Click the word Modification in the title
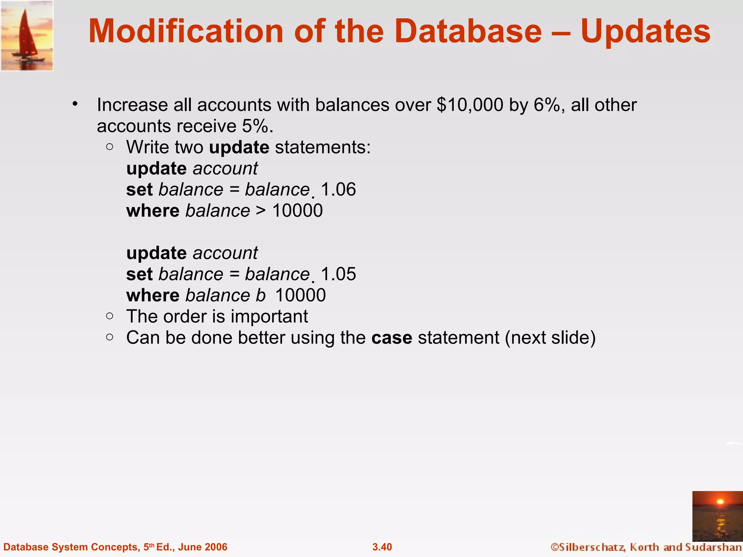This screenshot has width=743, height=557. point(185,31)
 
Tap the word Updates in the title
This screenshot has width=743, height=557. point(645,32)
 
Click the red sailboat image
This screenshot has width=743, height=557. point(27,36)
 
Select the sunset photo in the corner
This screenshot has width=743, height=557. point(717,516)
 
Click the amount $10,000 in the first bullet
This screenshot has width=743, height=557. point(470,105)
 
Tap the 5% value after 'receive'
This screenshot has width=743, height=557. point(257,126)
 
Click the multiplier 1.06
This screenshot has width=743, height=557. point(338,190)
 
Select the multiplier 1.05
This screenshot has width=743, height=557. point(338,274)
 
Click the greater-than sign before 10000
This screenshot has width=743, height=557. point(261,211)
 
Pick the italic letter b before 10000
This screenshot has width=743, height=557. point(260,295)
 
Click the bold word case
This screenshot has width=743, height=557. point(391,338)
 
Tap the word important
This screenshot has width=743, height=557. point(269,316)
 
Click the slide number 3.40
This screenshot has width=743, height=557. point(382,547)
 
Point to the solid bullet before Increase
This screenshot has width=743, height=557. point(75,104)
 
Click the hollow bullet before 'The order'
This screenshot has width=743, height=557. point(110,316)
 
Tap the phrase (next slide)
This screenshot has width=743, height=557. point(550,338)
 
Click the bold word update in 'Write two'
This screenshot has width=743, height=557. point(239,147)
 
